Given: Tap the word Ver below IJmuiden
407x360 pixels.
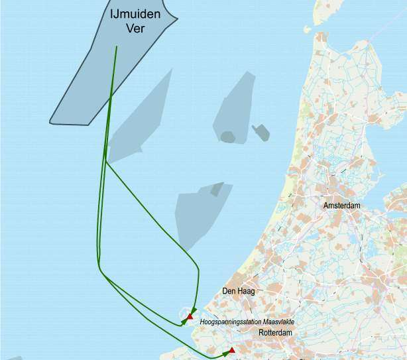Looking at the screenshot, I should click(135, 28).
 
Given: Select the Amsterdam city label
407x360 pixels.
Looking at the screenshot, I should click(342, 206).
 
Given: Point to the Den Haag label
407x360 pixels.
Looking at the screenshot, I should click(238, 291).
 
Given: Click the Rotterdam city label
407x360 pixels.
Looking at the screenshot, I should click(276, 332).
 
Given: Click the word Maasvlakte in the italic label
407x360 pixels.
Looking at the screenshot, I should click(277, 322).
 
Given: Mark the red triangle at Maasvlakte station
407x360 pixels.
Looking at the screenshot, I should click(190, 316).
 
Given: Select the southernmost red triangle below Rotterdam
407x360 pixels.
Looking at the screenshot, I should click(232, 349).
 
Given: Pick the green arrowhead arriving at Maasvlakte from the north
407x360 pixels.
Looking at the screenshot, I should click(193, 310).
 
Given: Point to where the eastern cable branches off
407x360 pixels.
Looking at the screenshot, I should click(106, 161).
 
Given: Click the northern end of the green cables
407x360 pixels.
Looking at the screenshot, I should click(117, 46).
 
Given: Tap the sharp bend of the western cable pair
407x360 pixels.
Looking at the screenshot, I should click(99, 268).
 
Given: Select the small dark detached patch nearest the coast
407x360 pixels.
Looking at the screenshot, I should click(261, 133).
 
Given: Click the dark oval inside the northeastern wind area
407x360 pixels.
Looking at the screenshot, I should click(227, 137).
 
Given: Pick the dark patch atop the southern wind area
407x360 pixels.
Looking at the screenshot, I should click(217, 190).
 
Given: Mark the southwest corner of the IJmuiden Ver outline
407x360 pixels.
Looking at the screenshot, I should click(50, 123).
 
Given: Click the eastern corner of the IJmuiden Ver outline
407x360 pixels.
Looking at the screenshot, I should click(178, 19).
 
